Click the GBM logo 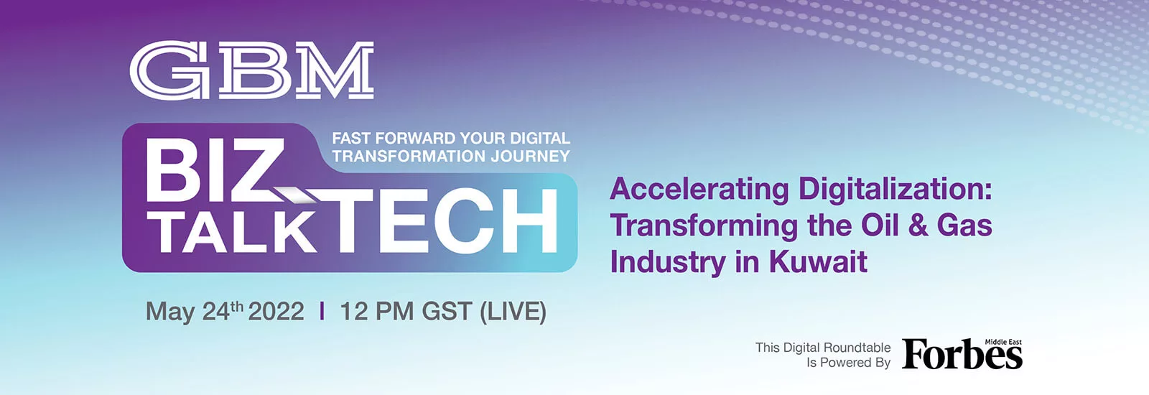click(252, 70)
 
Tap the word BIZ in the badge click(215, 172)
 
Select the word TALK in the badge click(235, 233)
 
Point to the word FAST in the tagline click(351, 139)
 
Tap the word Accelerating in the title click(699, 190)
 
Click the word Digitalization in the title click(896, 190)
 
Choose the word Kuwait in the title click(818, 262)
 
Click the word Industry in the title click(669, 263)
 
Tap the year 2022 click(276, 312)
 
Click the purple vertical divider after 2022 click(322, 312)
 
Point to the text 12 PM click(377, 312)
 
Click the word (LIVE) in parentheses click(513, 312)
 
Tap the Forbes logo click(962, 354)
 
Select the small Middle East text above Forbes click(1003, 342)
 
